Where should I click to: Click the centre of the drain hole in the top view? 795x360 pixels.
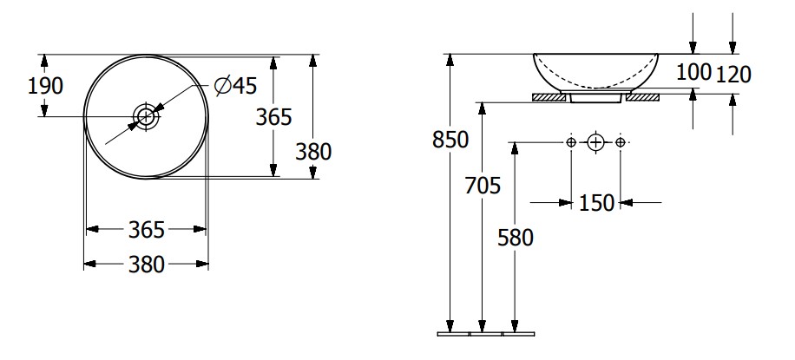click(x=146, y=116)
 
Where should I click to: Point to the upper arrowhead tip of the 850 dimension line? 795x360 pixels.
click(x=450, y=55)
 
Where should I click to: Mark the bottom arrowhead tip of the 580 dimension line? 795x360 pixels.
click(x=515, y=332)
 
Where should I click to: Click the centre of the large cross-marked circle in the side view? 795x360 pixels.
click(x=595, y=142)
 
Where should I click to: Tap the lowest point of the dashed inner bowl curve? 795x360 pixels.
click(x=596, y=88)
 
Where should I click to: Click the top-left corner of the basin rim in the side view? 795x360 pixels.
click(x=534, y=54)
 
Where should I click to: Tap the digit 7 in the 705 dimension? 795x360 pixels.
click(x=471, y=186)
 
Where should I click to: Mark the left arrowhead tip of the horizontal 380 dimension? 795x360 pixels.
click(x=84, y=264)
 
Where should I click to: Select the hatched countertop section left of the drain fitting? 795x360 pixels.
click(x=549, y=97)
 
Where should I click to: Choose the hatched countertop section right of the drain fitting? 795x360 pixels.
click(x=642, y=97)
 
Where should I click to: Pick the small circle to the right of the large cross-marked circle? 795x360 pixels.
click(x=620, y=142)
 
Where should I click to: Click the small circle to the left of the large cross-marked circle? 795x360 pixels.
click(x=571, y=142)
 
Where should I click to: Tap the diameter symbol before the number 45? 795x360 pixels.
click(x=222, y=85)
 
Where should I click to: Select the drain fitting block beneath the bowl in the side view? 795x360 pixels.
click(x=595, y=97)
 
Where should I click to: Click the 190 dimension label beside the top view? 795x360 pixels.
click(x=45, y=86)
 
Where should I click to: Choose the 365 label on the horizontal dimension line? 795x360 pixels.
click(x=147, y=230)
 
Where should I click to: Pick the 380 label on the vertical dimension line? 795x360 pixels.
click(x=313, y=152)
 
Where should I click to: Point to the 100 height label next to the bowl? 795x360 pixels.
click(x=694, y=73)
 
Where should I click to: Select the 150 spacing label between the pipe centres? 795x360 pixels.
click(x=596, y=203)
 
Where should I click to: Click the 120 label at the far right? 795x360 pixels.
click(x=733, y=75)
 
